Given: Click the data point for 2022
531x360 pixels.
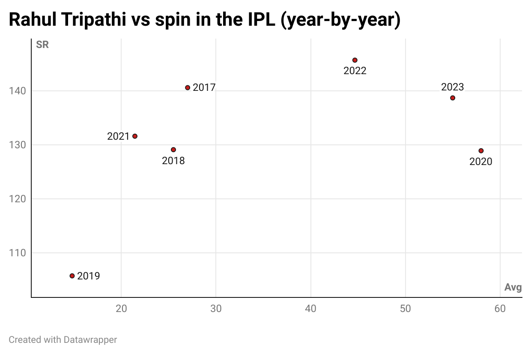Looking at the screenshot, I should point(355,60).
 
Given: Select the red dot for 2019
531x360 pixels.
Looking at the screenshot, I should point(72,276).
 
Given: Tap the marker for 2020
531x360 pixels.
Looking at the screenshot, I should point(481,151).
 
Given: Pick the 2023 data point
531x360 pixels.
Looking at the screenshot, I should point(453,98).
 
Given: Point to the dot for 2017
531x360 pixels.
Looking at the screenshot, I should point(188,87).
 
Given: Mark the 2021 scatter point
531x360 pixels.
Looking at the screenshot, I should point(135,136).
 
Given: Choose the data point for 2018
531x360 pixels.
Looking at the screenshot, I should point(173,150).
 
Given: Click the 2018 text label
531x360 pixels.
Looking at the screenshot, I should point(173,161).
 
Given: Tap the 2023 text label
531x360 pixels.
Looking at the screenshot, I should point(453,87).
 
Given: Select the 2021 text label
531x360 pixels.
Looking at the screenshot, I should point(118,136).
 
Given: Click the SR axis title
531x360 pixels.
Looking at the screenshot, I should point(42,45).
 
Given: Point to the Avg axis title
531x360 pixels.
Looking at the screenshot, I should point(513,288).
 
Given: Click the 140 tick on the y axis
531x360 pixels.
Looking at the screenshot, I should point(18,91).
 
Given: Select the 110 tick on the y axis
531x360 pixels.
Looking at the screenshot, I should point(18,253).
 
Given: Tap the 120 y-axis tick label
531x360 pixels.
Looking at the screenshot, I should point(18,199).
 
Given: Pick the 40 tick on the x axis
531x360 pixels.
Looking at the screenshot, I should point(310,309).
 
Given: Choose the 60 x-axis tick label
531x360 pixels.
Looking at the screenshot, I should point(500,309).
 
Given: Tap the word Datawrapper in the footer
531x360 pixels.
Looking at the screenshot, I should point(90,340).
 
